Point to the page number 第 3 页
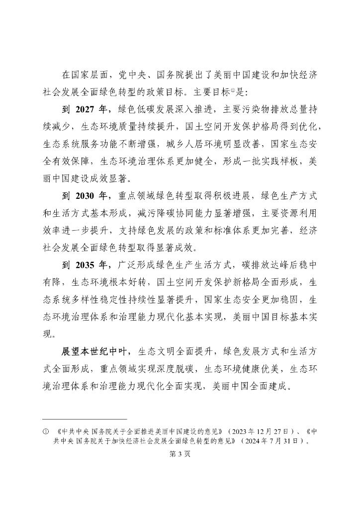[180, 454]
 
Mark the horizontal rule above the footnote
[85, 420]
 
